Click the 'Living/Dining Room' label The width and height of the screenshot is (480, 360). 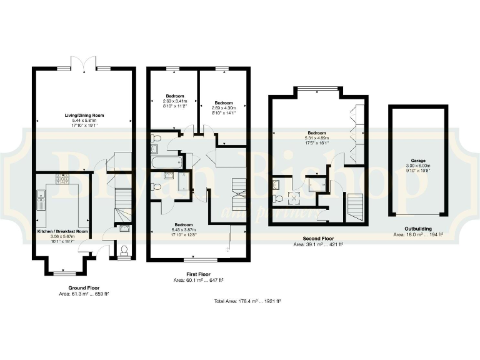(x=83, y=114)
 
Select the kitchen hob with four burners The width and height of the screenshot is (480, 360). (x=62, y=179)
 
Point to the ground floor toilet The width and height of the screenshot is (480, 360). (x=124, y=251)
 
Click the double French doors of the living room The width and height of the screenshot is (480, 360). (x=83, y=62)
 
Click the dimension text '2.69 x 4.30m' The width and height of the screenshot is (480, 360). (x=223, y=107)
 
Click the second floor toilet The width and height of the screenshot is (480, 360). (x=278, y=199)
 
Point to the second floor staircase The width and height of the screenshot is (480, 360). (x=354, y=207)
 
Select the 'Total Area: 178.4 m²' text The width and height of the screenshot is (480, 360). (x=247, y=301)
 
